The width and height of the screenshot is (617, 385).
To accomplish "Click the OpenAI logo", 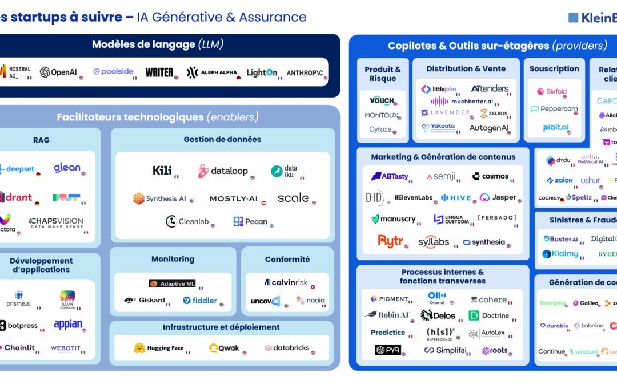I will coord(58,72).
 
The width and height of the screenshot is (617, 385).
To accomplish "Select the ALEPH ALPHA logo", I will coord(211,72).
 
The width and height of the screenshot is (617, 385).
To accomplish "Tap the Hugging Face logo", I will coord(159,348).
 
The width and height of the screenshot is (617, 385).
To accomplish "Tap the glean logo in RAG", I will coord(67,168).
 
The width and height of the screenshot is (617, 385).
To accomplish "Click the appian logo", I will coord(68,325).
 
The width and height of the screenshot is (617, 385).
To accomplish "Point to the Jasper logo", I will coord(498,197).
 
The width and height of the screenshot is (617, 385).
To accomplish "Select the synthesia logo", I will coord(484,242).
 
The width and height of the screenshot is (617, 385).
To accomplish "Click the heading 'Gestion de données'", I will coord(222,139).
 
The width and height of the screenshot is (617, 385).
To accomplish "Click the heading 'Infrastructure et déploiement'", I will coord(221,327).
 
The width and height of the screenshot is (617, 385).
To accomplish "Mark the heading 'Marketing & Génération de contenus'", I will coord(443,157).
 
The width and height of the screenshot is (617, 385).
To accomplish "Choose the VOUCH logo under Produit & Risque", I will coord(382,100).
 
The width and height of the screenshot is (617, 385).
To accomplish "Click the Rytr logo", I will coord(391,241).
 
